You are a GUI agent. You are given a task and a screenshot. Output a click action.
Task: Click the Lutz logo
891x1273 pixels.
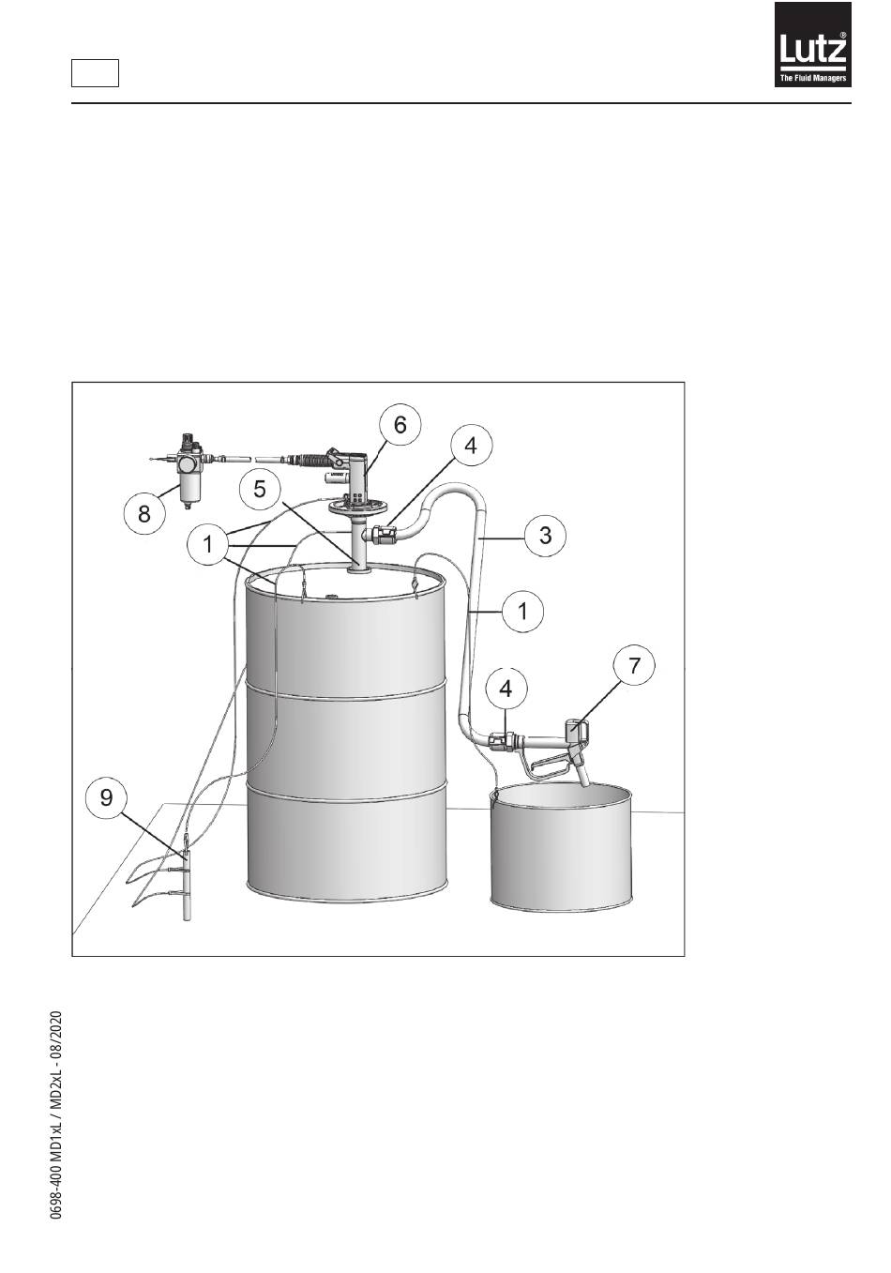coord(812,44)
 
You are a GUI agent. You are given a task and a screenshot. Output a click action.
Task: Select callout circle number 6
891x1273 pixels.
coord(400,425)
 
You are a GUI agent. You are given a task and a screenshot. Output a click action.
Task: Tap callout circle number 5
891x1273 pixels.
coord(260,489)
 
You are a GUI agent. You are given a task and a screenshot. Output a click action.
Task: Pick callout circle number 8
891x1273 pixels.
coord(144,514)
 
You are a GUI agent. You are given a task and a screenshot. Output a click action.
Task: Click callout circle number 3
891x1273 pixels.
coord(545,535)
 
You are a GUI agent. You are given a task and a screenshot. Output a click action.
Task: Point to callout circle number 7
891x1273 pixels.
coord(634,664)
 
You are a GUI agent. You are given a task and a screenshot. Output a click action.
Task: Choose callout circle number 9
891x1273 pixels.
coord(106,798)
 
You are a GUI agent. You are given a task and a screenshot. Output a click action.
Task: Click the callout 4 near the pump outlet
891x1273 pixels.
coord(471,446)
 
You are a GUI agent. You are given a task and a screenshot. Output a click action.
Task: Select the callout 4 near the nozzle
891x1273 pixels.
coord(506,689)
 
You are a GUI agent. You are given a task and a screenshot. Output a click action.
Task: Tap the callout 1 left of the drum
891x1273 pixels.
coord(208,544)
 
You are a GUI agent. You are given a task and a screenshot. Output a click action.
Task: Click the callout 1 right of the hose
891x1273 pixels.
coord(522,612)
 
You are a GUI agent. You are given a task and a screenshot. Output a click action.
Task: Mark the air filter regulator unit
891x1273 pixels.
coord(189,469)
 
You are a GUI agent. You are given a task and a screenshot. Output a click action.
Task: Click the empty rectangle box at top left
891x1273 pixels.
coord(95,73)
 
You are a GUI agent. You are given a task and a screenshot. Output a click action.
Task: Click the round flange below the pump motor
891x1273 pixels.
coord(356,507)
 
